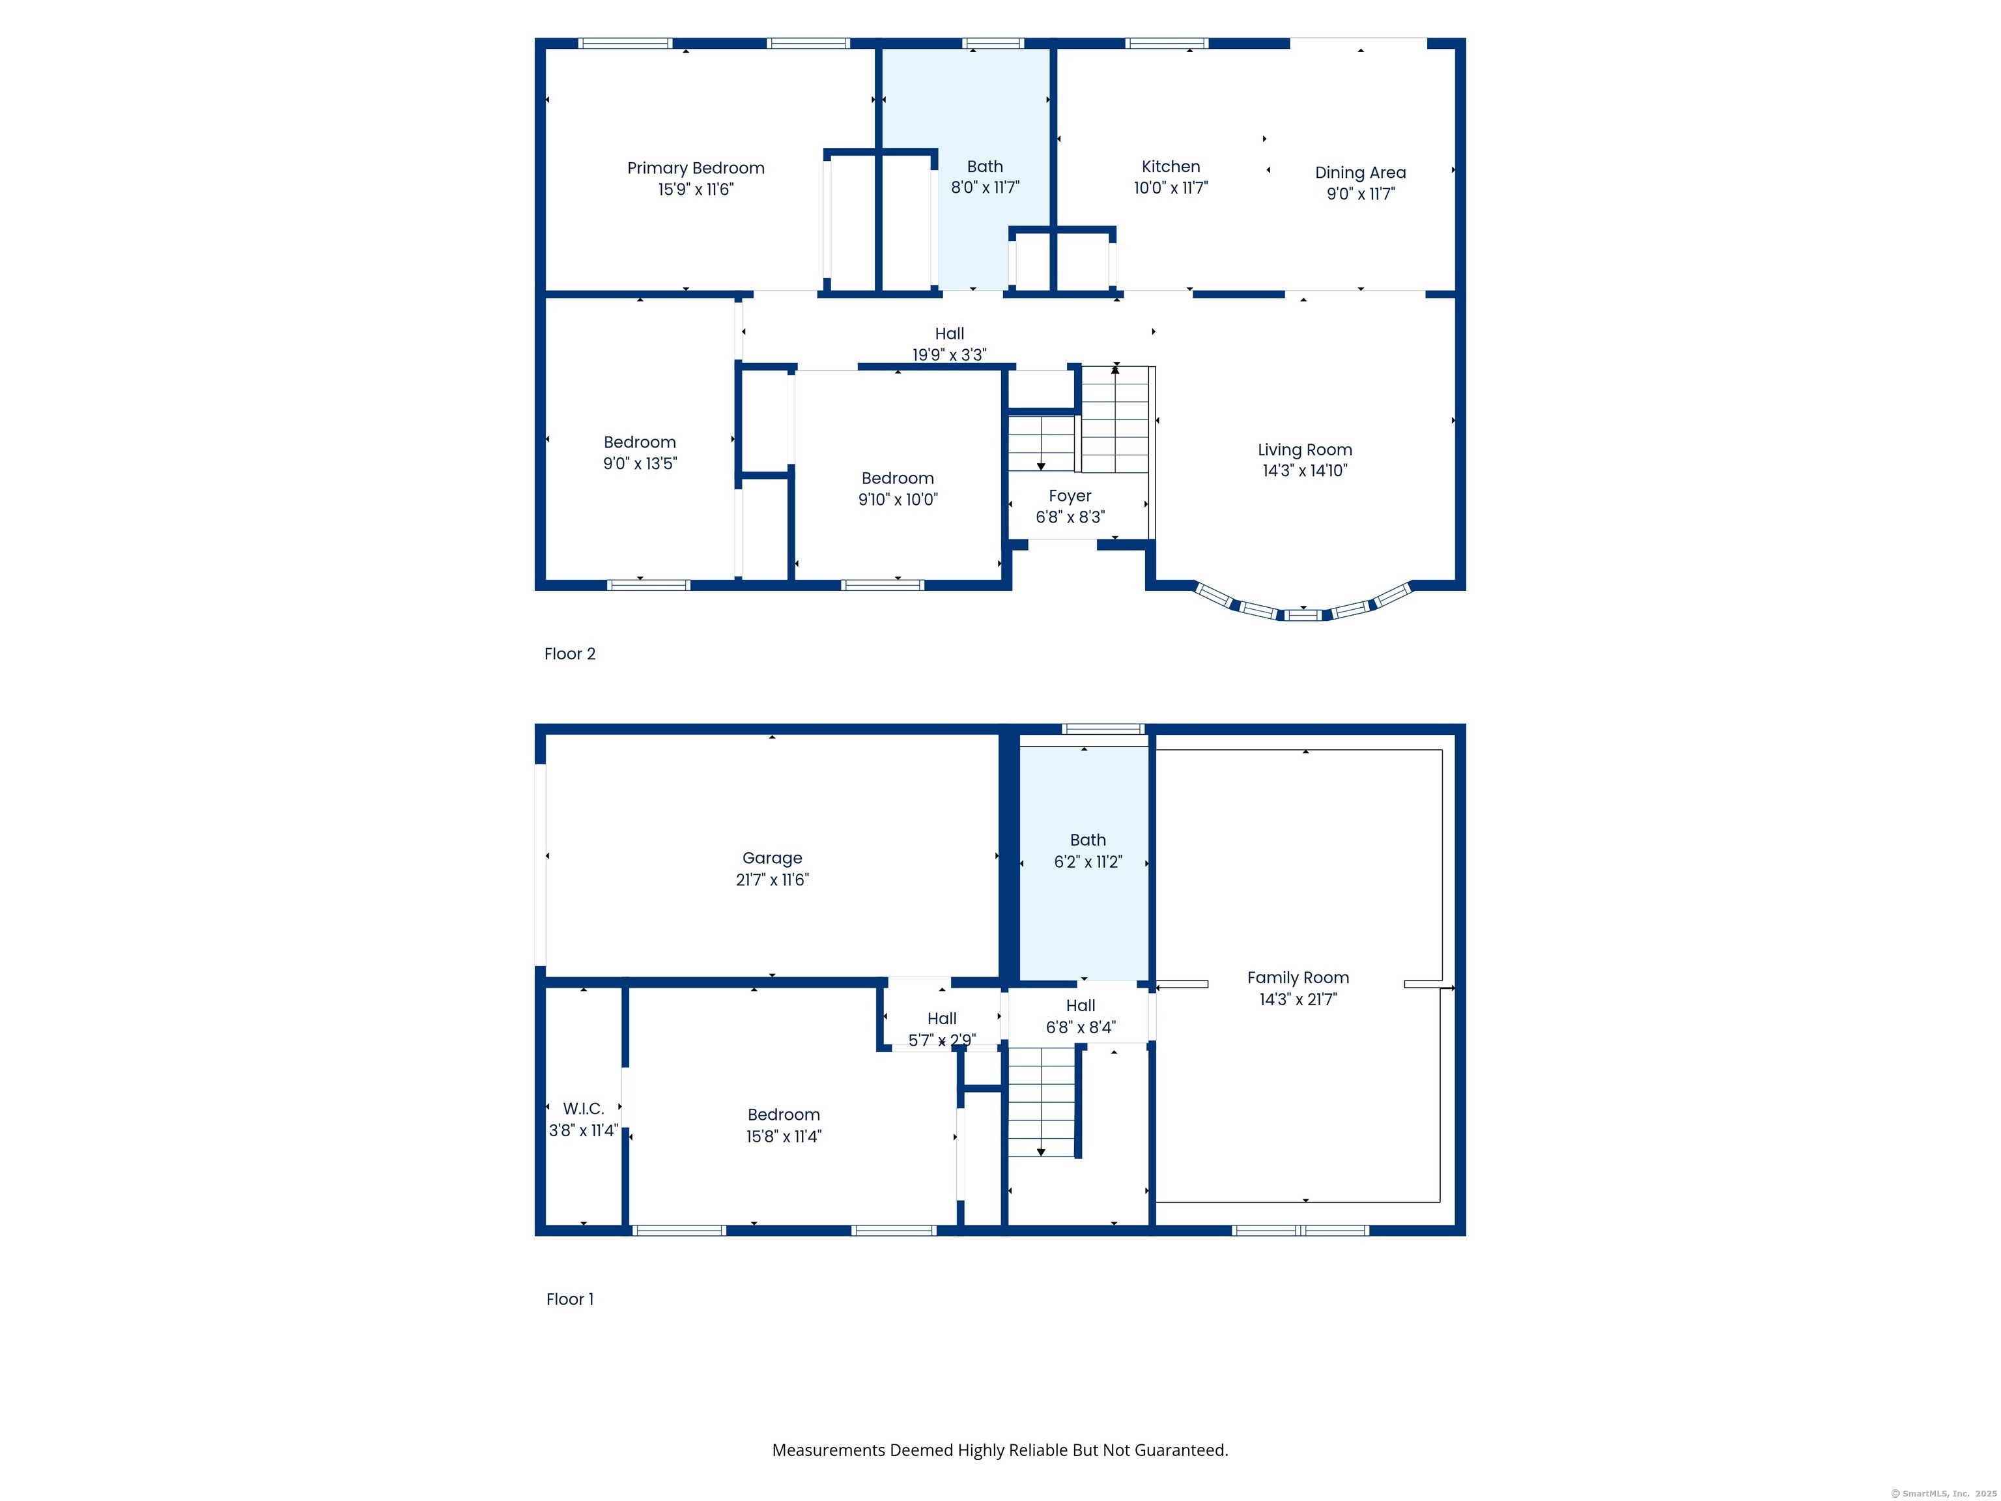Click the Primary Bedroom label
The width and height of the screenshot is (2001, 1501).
point(696,168)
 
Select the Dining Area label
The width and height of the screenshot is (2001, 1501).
point(1361,173)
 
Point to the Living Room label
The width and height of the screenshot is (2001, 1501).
point(1305,450)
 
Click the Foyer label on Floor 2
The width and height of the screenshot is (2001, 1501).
point(1070,496)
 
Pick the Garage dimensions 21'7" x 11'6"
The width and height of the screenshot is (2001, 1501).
point(773,879)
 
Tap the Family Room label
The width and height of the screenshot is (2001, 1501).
point(1298,977)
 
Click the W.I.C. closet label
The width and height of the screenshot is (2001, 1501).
point(584,1108)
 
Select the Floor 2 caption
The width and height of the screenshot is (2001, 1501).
point(570,654)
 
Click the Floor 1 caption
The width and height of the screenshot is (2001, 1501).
point(570,1299)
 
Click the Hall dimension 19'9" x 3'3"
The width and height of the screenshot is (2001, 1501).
point(950,354)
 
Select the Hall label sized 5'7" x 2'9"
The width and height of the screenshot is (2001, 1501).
point(942,1019)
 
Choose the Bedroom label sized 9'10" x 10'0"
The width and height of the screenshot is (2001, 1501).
point(898,479)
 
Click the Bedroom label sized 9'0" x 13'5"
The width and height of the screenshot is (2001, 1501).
point(640,442)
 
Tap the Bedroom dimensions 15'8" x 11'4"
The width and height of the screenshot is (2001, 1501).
point(784,1136)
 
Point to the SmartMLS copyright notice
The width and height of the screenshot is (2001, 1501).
point(1943,1494)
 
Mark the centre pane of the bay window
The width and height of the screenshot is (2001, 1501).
point(1303,616)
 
